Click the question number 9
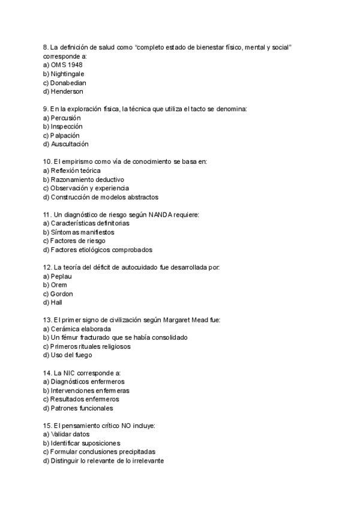point(46,109)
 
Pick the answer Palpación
point(65,136)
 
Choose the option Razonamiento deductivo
point(87,179)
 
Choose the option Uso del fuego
point(71,355)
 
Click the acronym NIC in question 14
point(69,373)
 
